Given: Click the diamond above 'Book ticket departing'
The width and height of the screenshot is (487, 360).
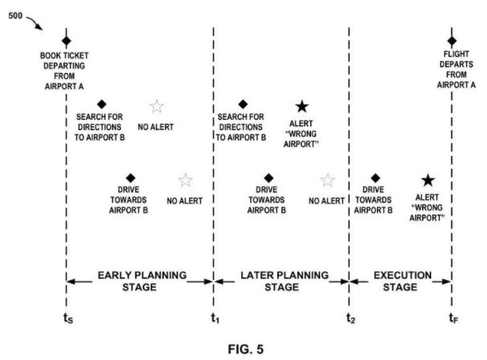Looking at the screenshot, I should point(67,41).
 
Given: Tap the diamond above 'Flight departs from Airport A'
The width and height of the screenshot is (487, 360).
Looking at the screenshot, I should point(452,41).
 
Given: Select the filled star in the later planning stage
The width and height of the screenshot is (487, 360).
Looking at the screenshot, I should point(301,106).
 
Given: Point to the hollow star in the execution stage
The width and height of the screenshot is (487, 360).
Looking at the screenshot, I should point(327,180).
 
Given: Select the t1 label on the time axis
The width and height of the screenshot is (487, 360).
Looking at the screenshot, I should point(215,317).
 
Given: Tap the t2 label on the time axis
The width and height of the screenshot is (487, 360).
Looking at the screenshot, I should point(350,317).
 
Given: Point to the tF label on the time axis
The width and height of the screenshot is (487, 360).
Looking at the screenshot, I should point(453,317).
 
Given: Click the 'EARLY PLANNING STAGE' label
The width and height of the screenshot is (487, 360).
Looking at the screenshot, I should point(141,280).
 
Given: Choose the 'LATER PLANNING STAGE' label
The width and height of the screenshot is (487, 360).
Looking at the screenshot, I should point(284,280).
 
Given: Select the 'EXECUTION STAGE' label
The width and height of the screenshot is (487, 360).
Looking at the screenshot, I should point(402,280).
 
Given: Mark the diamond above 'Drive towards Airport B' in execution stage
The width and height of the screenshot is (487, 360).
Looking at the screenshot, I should point(374,178).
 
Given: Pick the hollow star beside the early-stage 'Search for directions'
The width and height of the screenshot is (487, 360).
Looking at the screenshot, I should point(157,106).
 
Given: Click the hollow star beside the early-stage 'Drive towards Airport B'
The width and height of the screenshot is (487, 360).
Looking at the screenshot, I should point(185,180).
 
